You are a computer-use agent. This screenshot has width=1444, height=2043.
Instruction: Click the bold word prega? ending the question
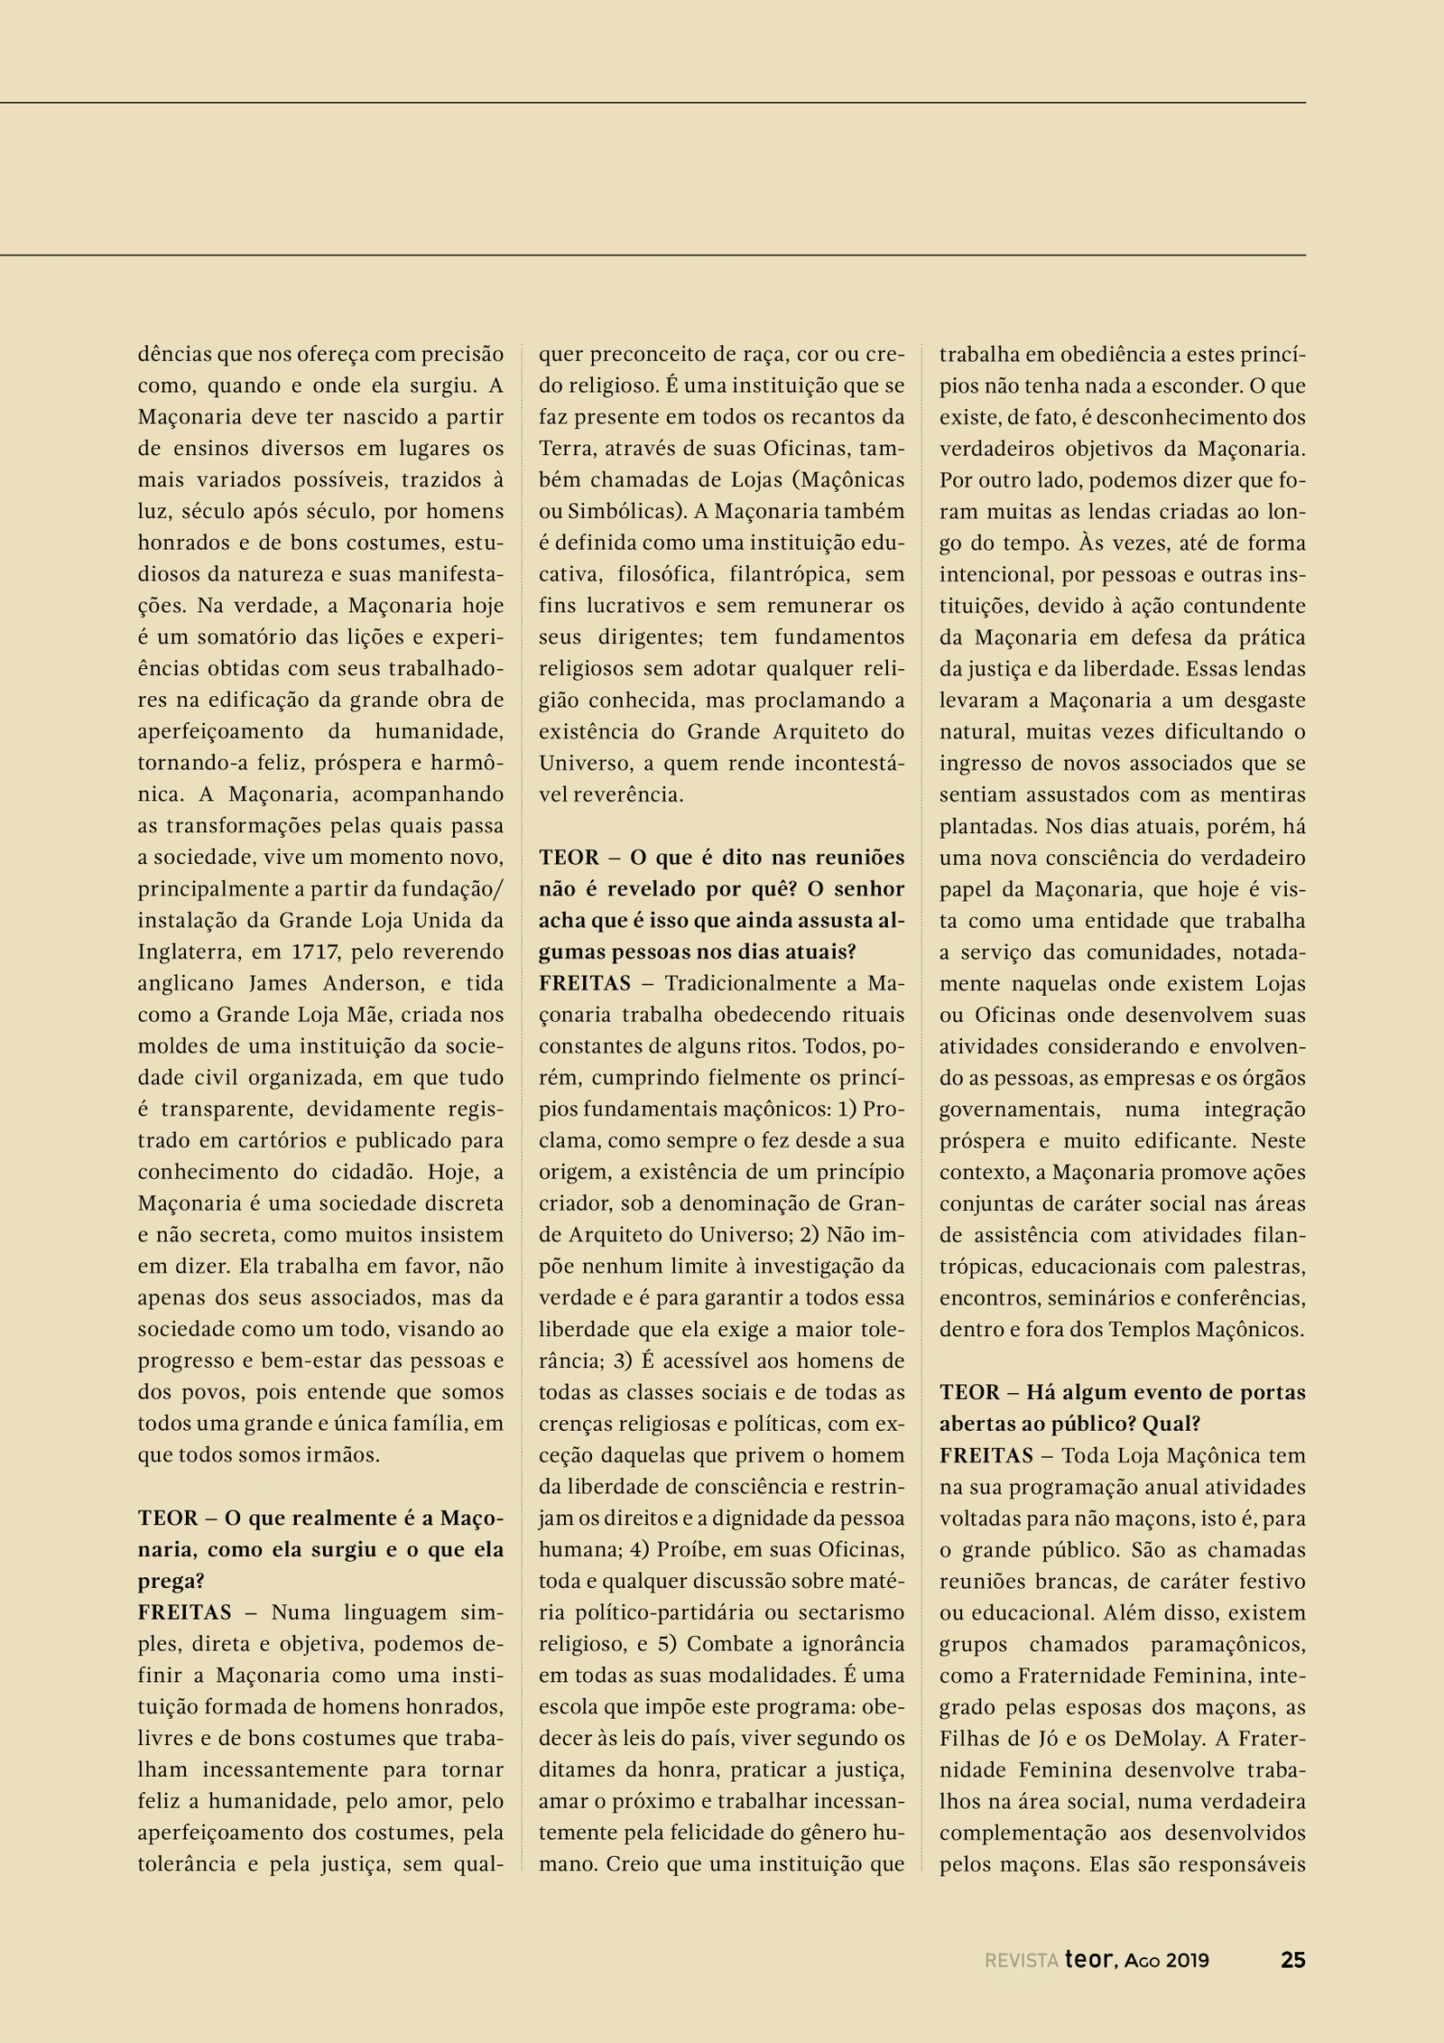pos(171,1581)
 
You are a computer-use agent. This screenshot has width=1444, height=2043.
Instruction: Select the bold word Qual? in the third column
pos(1171,1424)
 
